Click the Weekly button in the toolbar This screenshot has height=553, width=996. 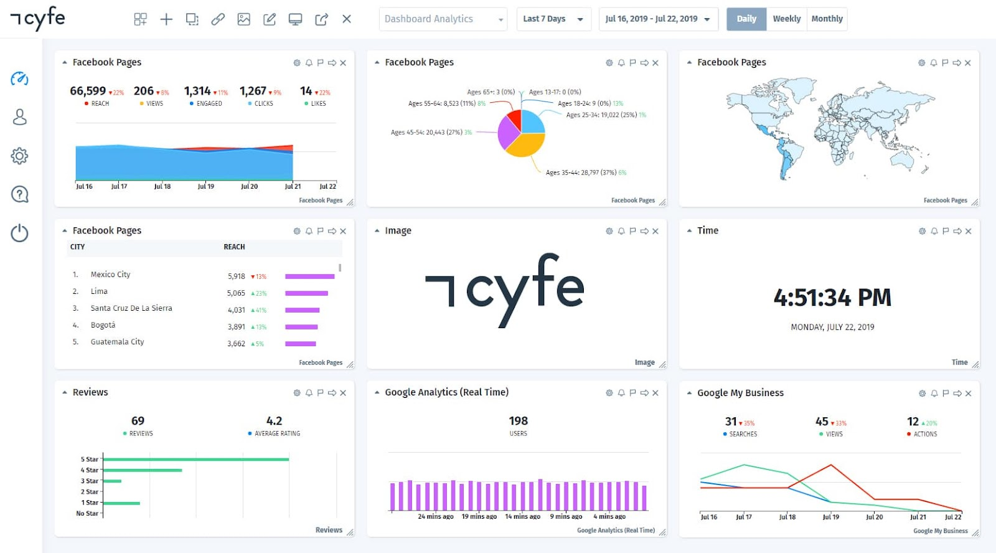[x=786, y=19]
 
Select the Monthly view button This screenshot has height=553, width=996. [x=827, y=19]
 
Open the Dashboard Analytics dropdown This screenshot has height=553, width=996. [x=443, y=19]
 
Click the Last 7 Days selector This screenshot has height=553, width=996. [x=553, y=19]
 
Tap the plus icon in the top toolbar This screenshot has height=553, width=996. [x=166, y=19]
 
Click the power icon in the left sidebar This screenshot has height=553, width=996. [x=20, y=233]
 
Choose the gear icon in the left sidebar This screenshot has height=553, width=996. [x=20, y=156]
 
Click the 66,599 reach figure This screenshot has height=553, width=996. [x=88, y=91]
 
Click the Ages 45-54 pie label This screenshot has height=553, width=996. [x=426, y=132]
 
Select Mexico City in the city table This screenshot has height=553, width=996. [x=110, y=275]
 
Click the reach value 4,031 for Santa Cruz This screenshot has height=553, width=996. [x=237, y=310]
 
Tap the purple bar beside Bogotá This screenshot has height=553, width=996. [x=301, y=327]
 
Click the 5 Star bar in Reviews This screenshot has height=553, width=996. [x=195, y=460]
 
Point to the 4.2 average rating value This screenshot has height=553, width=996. [x=274, y=421]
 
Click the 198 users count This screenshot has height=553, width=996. [x=518, y=421]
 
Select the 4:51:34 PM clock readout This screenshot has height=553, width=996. [x=832, y=298]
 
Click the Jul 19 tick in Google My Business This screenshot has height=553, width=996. [x=830, y=517]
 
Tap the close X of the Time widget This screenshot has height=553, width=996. [x=969, y=231]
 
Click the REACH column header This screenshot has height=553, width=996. [x=234, y=247]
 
